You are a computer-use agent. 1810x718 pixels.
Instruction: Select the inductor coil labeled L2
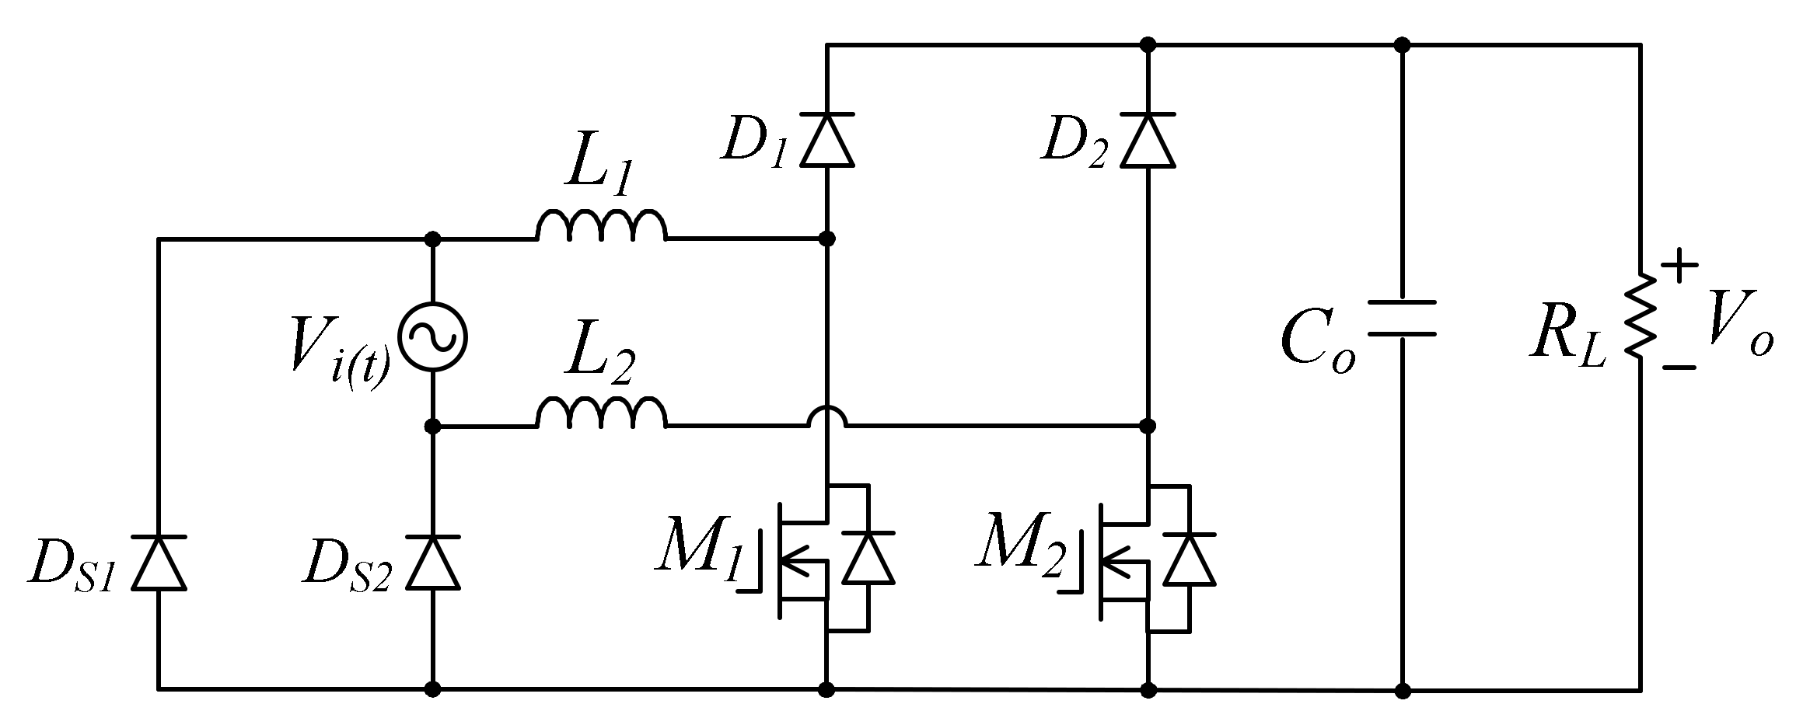tap(600, 413)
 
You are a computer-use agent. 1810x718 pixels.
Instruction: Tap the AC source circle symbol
tap(432, 336)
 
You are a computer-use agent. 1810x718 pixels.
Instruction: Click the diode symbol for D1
tap(827, 140)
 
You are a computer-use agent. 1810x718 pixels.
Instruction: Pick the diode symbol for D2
tap(1148, 140)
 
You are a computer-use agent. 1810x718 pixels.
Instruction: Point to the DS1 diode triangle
tap(159, 563)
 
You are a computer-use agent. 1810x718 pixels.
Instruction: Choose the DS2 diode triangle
tap(433, 563)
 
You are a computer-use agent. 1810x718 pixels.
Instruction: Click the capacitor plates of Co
tap(1401, 318)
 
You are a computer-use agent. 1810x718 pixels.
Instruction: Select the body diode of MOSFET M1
tap(868, 558)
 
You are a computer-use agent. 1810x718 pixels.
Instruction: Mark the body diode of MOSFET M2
tap(1190, 558)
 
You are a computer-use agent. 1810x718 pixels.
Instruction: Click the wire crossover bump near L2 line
tap(827, 417)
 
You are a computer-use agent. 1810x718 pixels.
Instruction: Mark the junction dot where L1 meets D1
tap(827, 239)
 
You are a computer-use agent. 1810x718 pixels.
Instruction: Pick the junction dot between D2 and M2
tap(1148, 426)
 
